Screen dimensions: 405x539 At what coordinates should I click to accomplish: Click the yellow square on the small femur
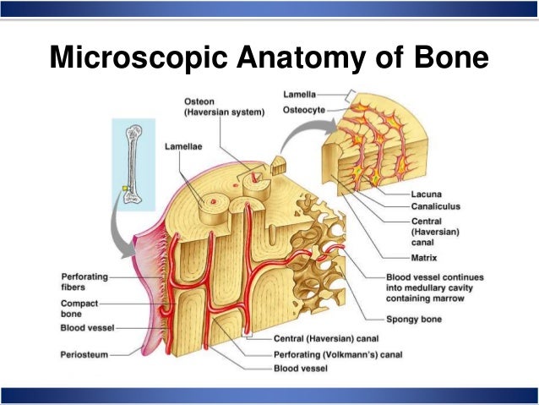126,189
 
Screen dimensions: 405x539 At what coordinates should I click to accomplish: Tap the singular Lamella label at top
300,93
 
